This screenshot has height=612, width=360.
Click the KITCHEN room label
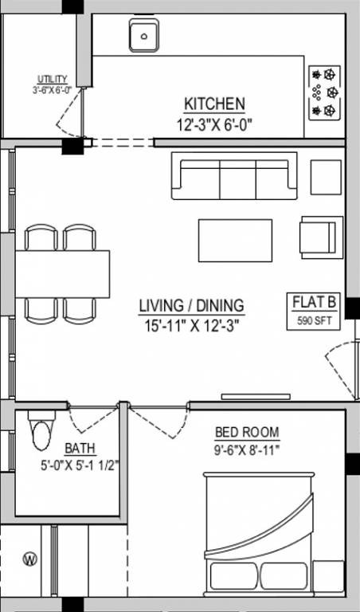coord(214,104)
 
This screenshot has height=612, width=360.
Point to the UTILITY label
coord(52,79)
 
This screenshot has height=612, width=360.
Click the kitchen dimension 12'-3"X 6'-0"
coord(214,124)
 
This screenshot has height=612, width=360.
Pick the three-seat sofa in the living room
coord(233,177)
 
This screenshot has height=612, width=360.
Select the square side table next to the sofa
coord(326,177)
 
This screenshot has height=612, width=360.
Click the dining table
coord(63,273)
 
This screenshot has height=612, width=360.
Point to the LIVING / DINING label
coord(191,305)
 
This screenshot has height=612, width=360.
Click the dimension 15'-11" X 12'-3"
coord(191,324)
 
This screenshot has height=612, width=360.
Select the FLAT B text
coord(315,303)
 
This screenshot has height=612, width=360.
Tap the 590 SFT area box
coord(315,321)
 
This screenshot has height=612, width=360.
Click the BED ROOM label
coord(247,433)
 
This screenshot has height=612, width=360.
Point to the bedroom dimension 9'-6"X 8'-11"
coord(247,449)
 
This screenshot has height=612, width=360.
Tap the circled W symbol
coord(29,559)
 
